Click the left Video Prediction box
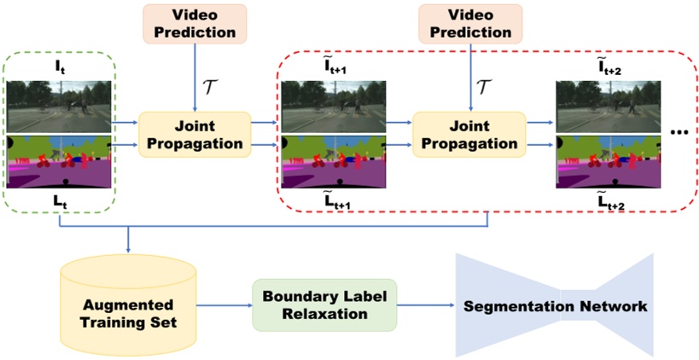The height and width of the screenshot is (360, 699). tap(195, 24)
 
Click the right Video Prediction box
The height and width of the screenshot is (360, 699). tap(469, 24)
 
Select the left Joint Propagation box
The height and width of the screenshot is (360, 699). tap(195, 134)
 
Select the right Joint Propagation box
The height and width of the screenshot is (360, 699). tap(469, 134)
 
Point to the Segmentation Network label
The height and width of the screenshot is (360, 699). tap(556, 305)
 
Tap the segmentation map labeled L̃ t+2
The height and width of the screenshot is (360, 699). tap(608, 160)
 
